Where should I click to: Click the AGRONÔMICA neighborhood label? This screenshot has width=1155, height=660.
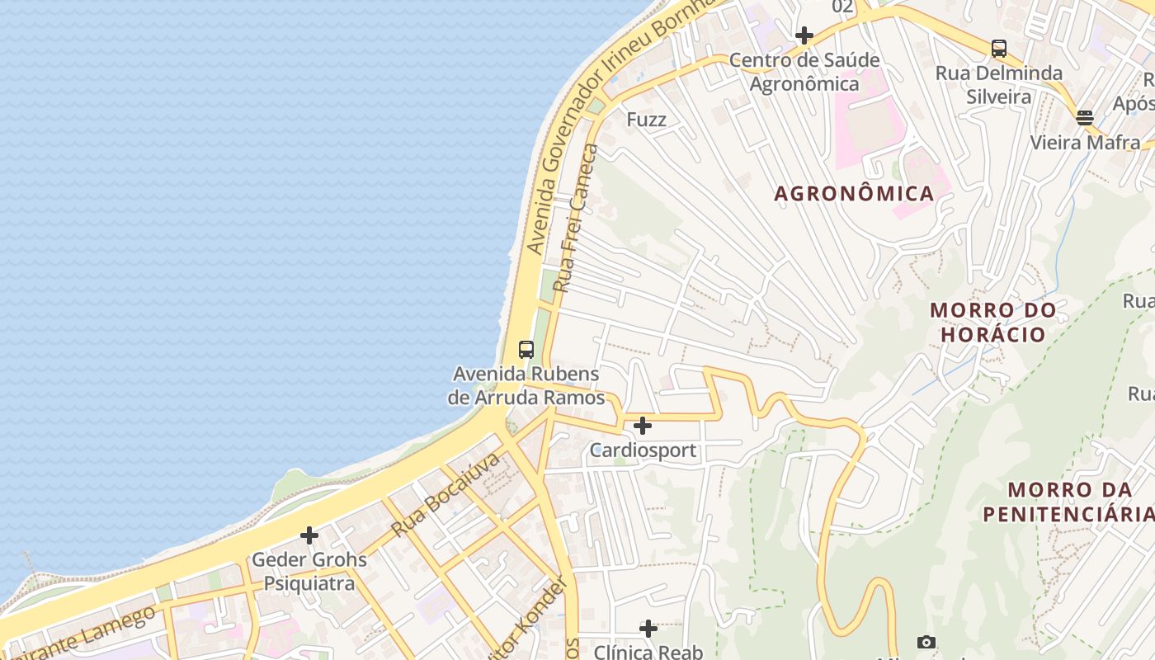(x=854, y=194)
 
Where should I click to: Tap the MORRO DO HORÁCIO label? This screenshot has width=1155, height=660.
(x=993, y=323)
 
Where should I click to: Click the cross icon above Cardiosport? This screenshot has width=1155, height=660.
(x=643, y=426)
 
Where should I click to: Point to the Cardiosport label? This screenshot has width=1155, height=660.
(x=643, y=450)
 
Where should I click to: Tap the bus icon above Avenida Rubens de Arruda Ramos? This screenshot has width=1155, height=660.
(x=526, y=349)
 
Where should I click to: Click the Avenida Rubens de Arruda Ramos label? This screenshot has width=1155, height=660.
(x=526, y=385)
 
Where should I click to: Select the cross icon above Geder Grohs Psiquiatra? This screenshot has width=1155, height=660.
(x=309, y=535)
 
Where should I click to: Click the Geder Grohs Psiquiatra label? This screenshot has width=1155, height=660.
(x=309, y=571)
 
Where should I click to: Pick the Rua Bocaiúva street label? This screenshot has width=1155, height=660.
(x=445, y=494)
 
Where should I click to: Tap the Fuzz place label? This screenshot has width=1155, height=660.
(x=646, y=120)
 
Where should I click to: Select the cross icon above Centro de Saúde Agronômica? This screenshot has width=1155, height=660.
(x=804, y=35)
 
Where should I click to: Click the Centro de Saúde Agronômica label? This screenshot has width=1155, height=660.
(x=804, y=72)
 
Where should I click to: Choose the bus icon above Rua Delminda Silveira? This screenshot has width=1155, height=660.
(x=999, y=48)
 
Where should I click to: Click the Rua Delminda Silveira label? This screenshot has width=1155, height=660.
(x=999, y=85)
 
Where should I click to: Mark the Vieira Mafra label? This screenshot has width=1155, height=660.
(x=1085, y=143)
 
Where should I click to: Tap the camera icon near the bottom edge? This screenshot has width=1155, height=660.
(x=926, y=642)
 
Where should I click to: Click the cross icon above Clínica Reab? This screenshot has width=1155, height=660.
(x=648, y=629)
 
